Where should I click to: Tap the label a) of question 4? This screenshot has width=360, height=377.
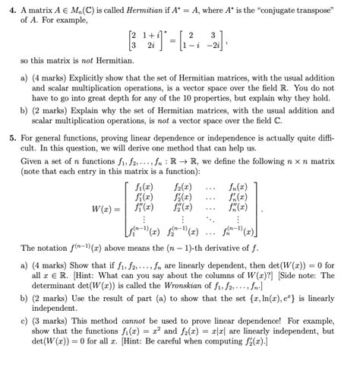pos(24,78)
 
